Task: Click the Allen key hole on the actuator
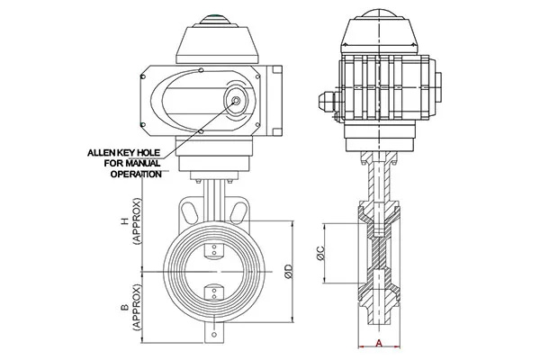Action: (238, 100)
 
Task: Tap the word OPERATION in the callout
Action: (137, 174)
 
